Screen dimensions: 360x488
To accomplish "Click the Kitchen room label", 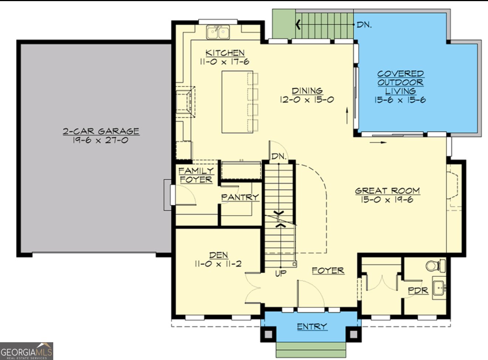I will pyautogui.click(x=225, y=53).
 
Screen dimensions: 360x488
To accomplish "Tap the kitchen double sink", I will pyautogui.click(x=218, y=32).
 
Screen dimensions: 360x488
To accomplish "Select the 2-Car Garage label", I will pyautogui.click(x=101, y=131).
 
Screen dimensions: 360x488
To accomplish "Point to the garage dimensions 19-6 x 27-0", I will pyautogui.click(x=101, y=140).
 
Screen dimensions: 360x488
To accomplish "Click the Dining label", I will pyautogui.click(x=307, y=91).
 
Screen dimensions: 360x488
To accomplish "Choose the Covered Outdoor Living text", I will pyautogui.click(x=400, y=82).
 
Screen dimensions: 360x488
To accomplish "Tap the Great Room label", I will pyautogui.click(x=387, y=191).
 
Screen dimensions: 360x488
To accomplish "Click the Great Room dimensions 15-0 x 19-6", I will pyautogui.click(x=387, y=200).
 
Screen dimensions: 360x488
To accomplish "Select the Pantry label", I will pyautogui.click(x=240, y=197).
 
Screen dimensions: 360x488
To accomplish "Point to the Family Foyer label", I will pyautogui.click(x=196, y=175).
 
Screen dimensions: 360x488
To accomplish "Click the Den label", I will pyautogui.click(x=218, y=255).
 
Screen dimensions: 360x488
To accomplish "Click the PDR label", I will pyautogui.click(x=418, y=290).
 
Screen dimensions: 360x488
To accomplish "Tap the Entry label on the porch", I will pyautogui.click(x=312, y=326).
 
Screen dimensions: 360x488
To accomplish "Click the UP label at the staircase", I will pyautogui.click(x=281, y=274).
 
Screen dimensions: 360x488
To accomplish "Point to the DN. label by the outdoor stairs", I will pyautogui.click(x=364, y=25).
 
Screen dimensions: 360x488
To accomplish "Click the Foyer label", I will pyautogui.click(x=328, y=271).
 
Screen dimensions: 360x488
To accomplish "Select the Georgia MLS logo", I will pyautogui.click(x=26, y=351).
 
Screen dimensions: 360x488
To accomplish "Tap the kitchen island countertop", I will pyautogui.click(x=237, y=102).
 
